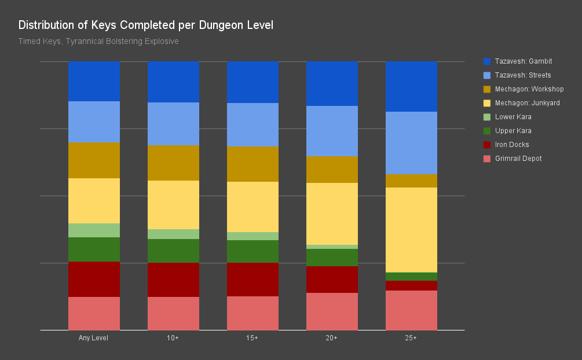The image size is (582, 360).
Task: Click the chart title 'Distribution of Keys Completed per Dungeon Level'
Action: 145,25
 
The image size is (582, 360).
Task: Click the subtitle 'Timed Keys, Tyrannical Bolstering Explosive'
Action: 98,42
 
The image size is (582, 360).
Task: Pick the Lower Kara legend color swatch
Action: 487,117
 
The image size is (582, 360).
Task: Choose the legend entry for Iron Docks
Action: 511,145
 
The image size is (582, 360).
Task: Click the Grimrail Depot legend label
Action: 518,159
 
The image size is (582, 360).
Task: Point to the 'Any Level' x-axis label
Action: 93,338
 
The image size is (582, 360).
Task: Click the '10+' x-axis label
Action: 173,338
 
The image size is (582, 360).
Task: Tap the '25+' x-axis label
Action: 411,338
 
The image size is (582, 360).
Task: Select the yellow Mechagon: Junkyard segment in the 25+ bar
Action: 411,230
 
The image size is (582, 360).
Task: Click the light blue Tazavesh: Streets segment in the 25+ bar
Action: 411,143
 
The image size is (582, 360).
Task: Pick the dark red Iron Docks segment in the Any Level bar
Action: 94,279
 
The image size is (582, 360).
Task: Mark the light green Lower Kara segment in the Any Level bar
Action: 94,230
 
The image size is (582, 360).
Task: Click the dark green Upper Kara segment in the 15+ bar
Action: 252,251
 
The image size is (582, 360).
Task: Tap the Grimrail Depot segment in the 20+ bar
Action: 332,311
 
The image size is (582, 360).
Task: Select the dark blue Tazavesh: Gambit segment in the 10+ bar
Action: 173,82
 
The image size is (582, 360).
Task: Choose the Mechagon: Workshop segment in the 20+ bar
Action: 332,170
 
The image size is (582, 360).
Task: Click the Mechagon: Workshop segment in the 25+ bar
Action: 411,181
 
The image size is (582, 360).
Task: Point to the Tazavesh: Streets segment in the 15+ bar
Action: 252,125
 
